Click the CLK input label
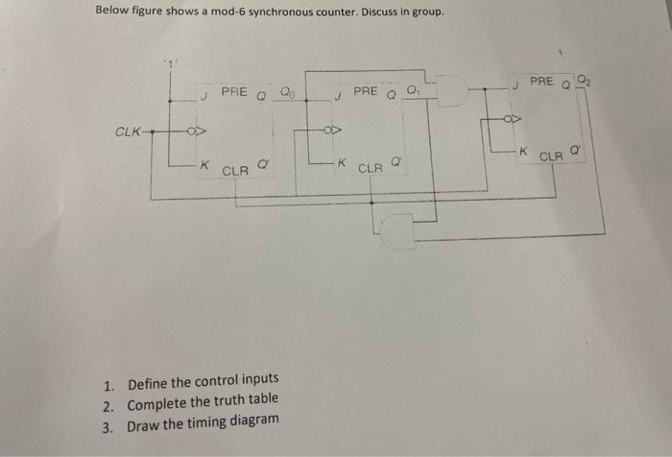[x=128, y=131]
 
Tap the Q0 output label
[x=288, y=93]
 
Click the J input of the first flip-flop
[x=204, y=94]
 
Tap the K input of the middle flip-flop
[x=341, y=163]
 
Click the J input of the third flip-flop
[x=515, y=84]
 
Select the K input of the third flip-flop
[x=523, y=151]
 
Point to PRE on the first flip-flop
[x=234, y=92]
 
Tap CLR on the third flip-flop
[x=551, y=156]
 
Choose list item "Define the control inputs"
[x=203, y=380]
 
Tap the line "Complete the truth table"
[x=203, y=399]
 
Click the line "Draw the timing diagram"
[x=203, y=420]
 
